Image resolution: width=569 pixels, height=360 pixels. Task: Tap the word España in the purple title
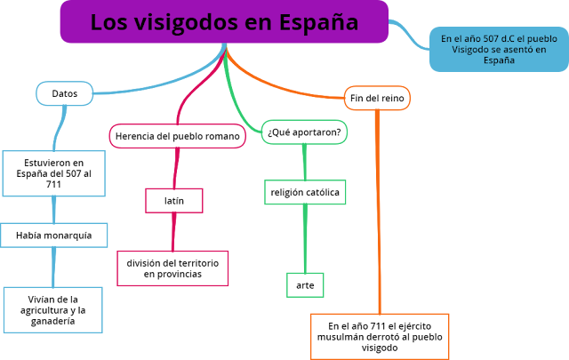(315, 23)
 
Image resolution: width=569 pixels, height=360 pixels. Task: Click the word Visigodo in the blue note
(471, 50)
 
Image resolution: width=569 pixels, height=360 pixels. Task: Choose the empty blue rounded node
(64, 93)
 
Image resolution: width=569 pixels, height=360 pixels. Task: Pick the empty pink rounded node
(177, 136)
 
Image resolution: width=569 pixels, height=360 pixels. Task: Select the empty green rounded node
(304, 132)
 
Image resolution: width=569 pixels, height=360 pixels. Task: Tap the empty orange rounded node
(377, 98)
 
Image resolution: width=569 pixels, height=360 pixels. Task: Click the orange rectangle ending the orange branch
(380, 336)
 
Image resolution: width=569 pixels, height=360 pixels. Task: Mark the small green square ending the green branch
(305, 284)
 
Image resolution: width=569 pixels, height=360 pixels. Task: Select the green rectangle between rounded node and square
(305, 192)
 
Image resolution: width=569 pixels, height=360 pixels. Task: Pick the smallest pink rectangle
(174, 200)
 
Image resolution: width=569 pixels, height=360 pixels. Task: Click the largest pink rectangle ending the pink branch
(172, 268)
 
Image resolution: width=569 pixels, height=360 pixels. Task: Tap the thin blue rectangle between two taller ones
(54, 235)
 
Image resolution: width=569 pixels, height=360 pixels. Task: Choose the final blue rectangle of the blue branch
(52, 309)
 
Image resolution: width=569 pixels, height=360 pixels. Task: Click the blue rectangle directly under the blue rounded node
(53, 173)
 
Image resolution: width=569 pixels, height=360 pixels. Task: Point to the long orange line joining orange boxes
(379, 213)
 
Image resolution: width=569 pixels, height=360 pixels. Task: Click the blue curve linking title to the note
(410, 36)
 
